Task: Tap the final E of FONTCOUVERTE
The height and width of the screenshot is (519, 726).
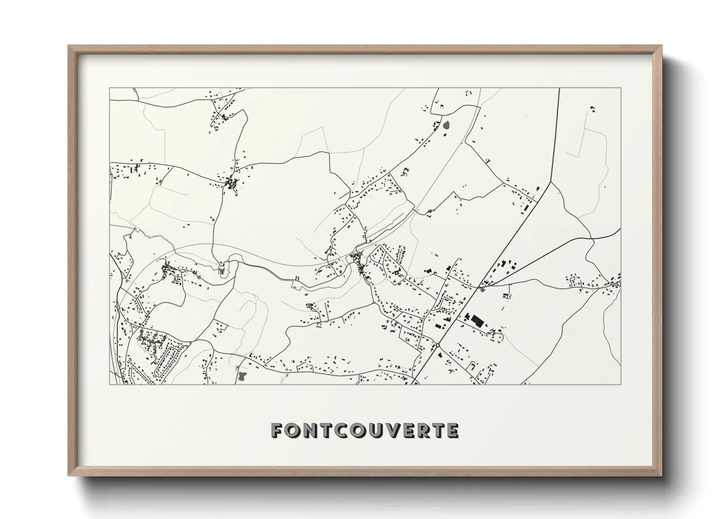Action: click(x=452, y=431)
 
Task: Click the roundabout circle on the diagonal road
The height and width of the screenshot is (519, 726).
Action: click(x=437, y=345)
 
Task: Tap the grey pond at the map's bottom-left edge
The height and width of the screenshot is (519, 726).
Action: click(x=241, y=376)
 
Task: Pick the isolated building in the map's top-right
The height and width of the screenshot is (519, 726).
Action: click(x=593, y=107)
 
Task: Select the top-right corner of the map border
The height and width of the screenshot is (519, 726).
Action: click(x=621, y=88)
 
